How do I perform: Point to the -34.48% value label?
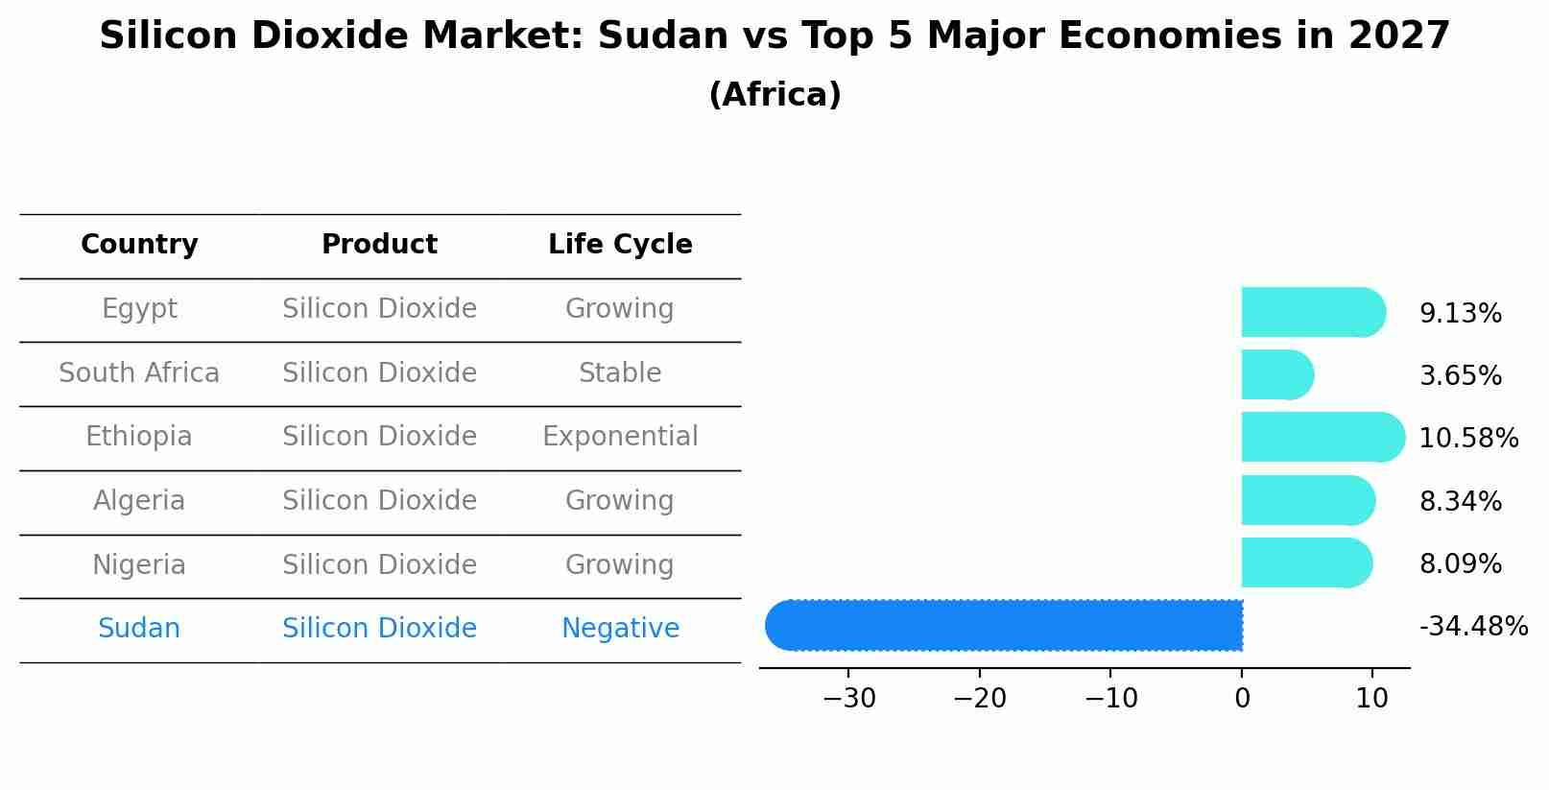(1472, 627)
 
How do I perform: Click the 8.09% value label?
(1460, 563)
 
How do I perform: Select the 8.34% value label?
(1460, 501)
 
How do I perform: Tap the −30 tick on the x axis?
(848, 699)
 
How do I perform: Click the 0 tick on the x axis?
(1242, 699)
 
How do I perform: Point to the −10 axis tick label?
(1110, 699)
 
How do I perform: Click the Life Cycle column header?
(620, 245)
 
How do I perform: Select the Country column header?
(139, 245)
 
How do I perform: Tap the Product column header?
(379, 245)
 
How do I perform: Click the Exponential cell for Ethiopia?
(620, 437)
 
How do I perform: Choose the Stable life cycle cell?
(620, 372)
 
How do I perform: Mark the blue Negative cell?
(620, 629)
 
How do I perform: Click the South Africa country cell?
(139, 372)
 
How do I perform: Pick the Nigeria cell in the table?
(139, 564)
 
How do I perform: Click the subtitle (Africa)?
(774, 95)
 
